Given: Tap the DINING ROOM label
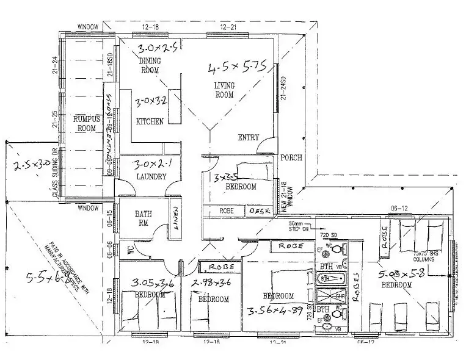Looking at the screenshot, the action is [149, 66].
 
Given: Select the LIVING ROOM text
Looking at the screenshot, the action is [224, 90].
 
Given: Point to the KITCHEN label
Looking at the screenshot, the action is [150, 122].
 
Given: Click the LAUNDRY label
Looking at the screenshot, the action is [151, 177].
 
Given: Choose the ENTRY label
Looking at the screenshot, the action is [248, 138].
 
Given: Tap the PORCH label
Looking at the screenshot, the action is [291, 158].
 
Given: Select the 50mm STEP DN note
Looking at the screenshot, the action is [300, 226].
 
